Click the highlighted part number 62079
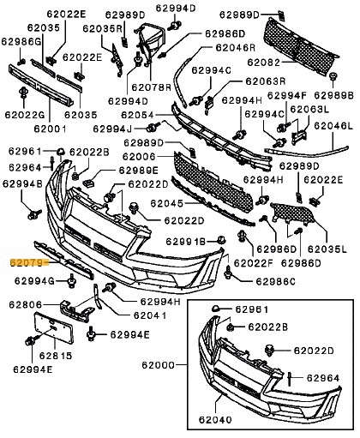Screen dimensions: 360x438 point(27,262)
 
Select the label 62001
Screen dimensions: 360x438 point(50,129)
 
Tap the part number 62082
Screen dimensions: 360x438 point(264,63)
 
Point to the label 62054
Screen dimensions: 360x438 point(138,115)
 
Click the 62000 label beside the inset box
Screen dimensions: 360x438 point(158,365)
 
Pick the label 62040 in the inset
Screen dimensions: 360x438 point(215,419)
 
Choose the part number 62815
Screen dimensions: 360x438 point(56,356)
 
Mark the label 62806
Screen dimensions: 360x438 point(25,304)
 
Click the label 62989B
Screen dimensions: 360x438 point(334,95)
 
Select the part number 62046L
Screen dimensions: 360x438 point(333,126)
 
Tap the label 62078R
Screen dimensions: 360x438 point(151,87)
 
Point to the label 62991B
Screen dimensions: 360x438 point(186,242)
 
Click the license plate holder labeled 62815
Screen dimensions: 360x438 point(54,327)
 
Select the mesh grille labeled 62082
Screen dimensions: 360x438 point(300,47)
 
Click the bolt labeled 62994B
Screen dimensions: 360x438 point(34,214)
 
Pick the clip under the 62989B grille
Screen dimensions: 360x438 point(333,76)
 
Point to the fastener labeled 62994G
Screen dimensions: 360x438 point(71,281)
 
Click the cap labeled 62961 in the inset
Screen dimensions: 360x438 point(216,309)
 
